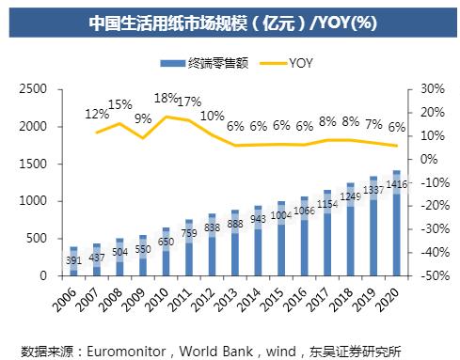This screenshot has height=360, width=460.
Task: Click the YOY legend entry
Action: tap(292, 62)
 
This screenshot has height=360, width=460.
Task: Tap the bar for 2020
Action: tap(396, 224)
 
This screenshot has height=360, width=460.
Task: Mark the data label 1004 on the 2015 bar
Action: tap(281, 214)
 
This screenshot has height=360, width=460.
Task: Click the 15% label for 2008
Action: tap(120, 104)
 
